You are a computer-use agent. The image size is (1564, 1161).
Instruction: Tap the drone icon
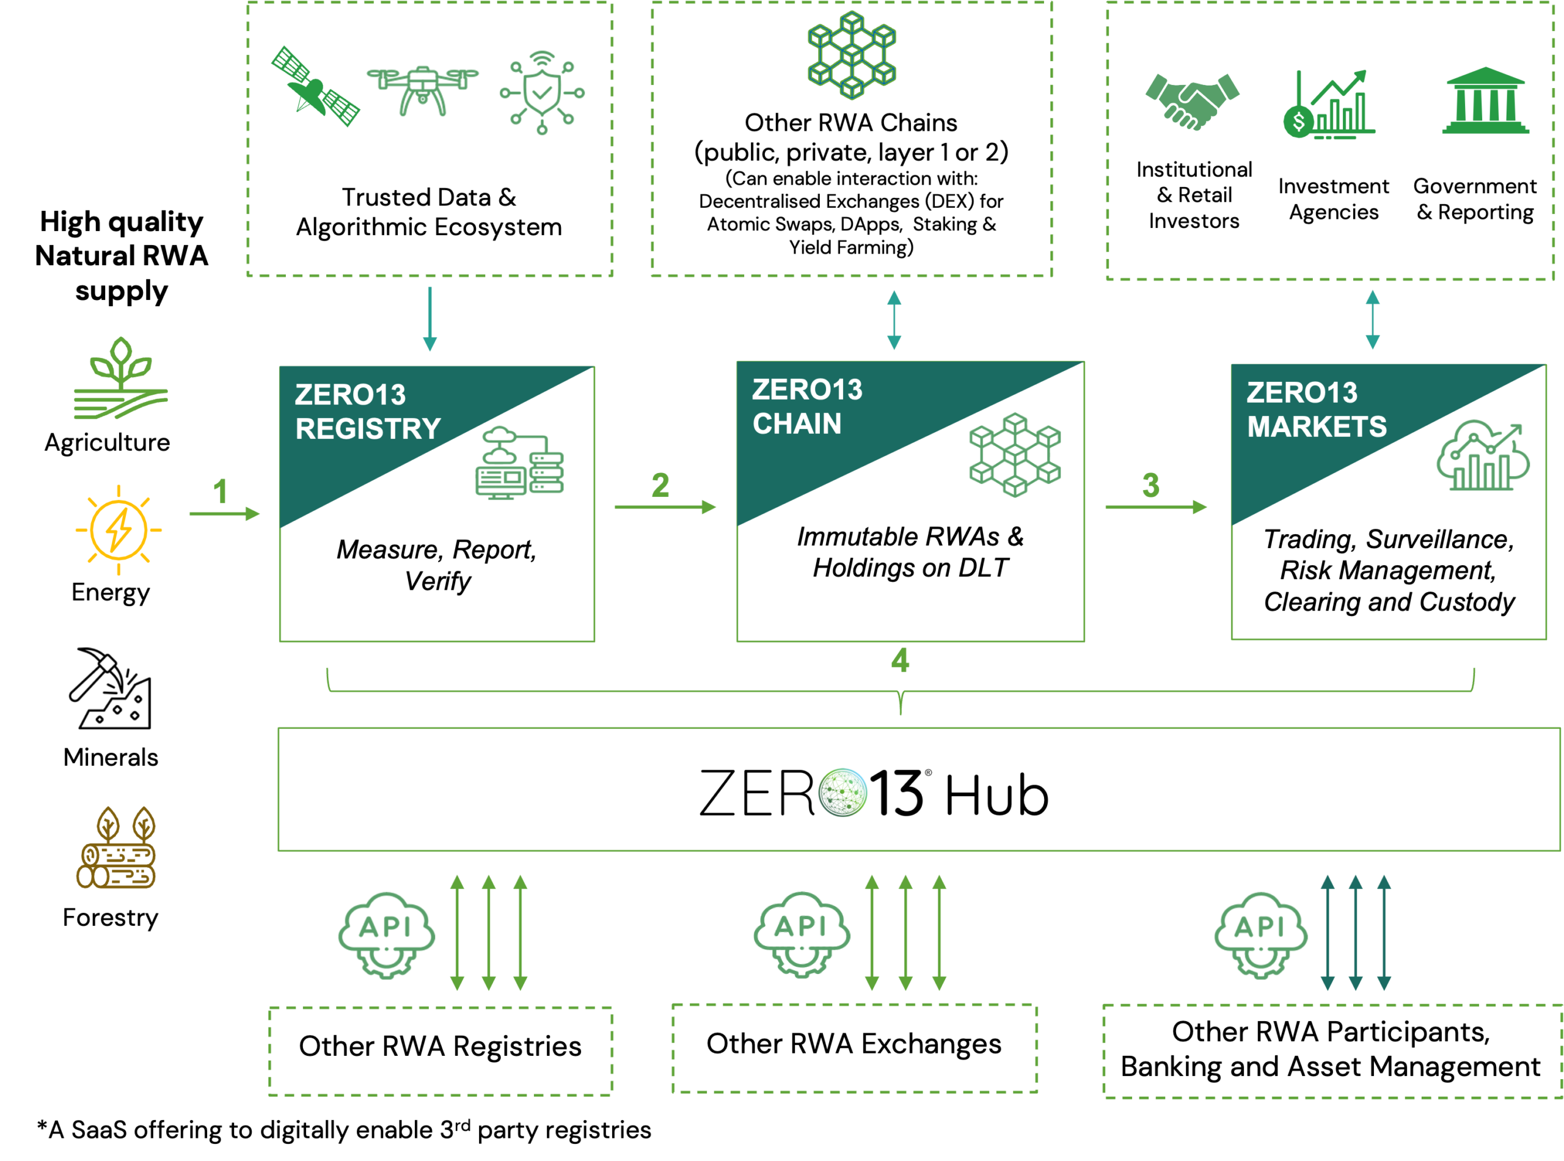[x=422, y=89]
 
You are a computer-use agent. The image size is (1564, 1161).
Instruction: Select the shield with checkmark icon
[x=542, y=92]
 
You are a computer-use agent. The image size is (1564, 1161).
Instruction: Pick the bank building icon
[x=1485, y=100]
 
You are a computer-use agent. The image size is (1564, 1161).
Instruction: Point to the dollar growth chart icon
[x=1328, y=104]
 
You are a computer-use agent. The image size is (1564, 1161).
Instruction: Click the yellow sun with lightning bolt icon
[x=119, y=530]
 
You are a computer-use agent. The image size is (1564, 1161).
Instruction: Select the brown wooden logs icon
[x=117, y=848]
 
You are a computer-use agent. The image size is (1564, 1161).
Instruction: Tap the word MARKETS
[x=1317, y=427]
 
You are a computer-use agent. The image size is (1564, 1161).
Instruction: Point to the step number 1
[x=221, y=491]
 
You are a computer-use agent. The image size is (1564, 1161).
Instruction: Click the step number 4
[x=900, y=660]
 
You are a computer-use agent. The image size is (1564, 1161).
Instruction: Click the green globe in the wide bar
[x=842, y=792]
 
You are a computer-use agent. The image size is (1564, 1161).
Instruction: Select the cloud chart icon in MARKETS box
[x=1483, y=455]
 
